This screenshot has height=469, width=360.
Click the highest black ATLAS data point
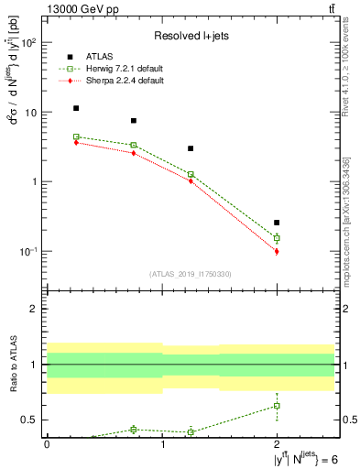coord(76,108)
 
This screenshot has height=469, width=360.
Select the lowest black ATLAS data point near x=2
coord(277,223)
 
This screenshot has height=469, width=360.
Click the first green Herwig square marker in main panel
coord(76,136)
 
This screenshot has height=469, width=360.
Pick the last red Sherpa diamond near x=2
coord(277,251)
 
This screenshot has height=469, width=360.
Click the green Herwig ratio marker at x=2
coord(277,405)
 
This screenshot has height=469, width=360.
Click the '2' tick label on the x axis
coord(277,444)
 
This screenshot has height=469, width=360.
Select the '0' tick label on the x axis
coord(47,444)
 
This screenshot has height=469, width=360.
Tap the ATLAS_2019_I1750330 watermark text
coord(191,273)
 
